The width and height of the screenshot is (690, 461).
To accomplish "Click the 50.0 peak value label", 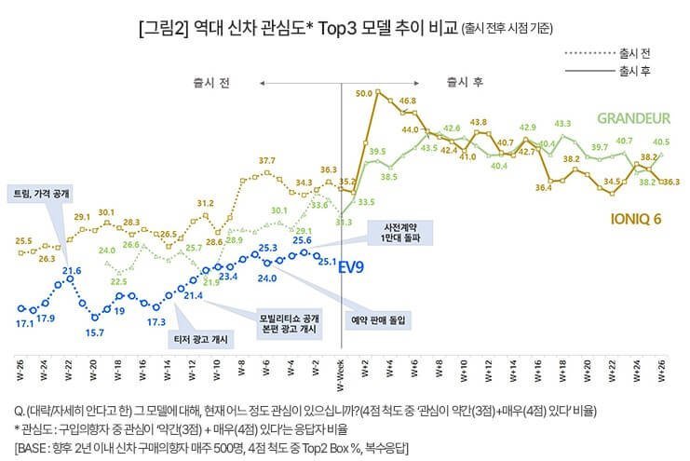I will pos(364,93).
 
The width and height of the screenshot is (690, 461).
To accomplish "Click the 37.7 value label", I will pos(266,161).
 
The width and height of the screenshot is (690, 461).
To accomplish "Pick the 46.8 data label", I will pos(407,100).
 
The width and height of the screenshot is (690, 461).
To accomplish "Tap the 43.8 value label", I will pos(480,122).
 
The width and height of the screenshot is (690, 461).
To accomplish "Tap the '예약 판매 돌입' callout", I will pos(382,319).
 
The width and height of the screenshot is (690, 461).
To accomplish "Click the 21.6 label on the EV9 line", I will pos(73,270).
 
